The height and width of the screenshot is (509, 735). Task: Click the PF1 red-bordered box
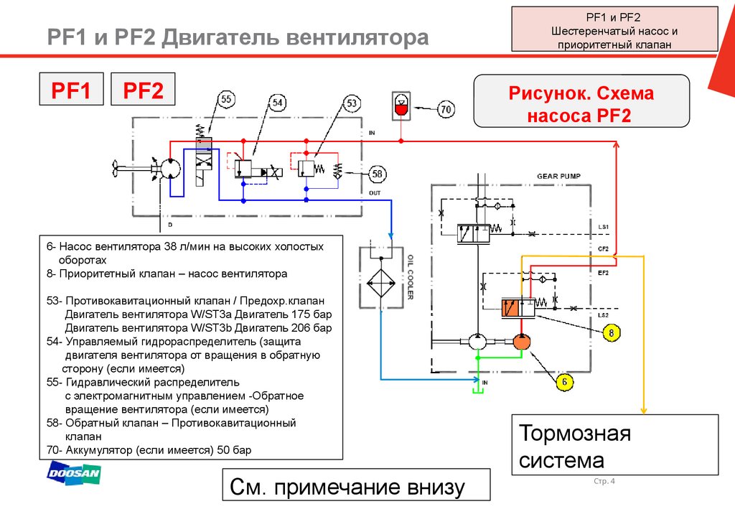71,90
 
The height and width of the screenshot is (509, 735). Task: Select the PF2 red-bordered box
143,90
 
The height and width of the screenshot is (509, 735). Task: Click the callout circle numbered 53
352,103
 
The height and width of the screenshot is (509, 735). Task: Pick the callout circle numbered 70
446,109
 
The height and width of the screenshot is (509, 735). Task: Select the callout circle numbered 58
377,173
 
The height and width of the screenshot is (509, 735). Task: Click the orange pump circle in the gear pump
520,342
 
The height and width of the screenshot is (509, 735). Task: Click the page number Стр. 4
605,480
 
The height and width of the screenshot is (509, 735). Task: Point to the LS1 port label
603,227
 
